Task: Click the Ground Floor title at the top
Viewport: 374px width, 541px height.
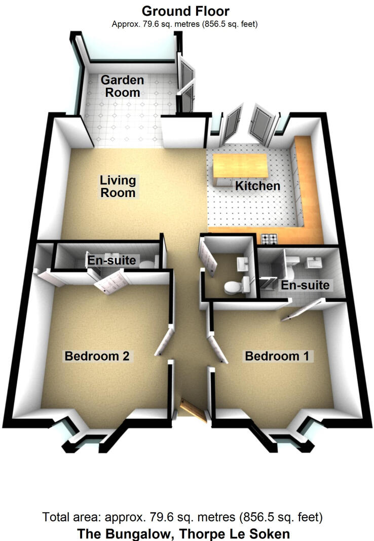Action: [x=185, y=11]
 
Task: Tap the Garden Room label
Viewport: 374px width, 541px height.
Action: [x=122, y=86]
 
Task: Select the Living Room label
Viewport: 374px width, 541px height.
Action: [x=118, y=186]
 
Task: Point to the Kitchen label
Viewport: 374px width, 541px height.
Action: [x=257, y=186]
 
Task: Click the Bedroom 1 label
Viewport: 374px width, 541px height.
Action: [x=277, y=356]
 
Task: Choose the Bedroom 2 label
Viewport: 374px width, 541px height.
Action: [x=97, y=356]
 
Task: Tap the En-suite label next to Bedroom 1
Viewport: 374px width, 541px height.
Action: [x=306, y=285]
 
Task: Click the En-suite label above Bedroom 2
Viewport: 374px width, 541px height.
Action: [x=111, y=260]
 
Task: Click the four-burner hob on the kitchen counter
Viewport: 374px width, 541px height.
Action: [x=268, y=238]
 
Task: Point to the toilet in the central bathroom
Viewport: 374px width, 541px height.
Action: [x=232, y=287]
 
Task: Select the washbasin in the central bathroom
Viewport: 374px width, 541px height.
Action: [x=241, y=262]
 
